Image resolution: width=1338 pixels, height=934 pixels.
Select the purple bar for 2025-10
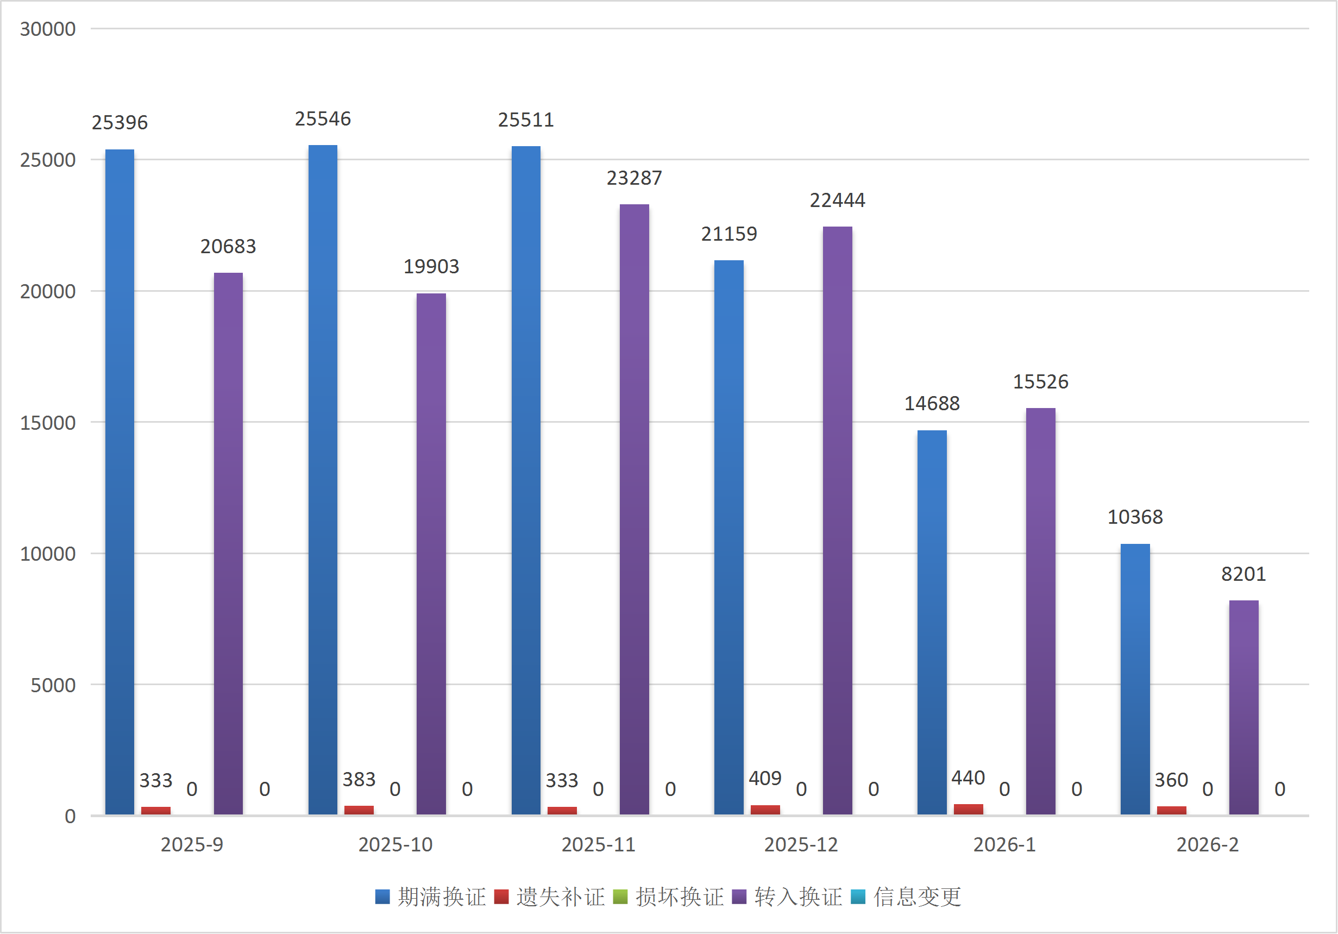pyautogui.click(x=431, y=554)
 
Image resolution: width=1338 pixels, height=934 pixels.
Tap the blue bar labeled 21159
pyautogui.click(x=728, y=537)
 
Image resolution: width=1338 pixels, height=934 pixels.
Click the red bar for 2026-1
pyautogui.click(x=968, y=809)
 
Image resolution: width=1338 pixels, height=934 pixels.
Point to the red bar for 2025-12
pyautogui.click(x=765, y=810)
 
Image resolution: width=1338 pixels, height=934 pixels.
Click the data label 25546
pyautogui.click(x=322, y=119)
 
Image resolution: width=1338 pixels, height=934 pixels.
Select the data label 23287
pyautogui.click(x=634, y=178)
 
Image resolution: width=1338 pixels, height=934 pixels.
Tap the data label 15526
pyautogui.click(x=1040, y=382)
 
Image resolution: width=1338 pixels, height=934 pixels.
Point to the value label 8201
pyautogui.click(x=1243, y=574)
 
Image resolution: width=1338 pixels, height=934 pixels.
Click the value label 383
pyautogui.click(x=359, y=780)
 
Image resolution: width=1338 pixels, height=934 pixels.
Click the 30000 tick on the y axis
pyautogui.click(x=48, y=29)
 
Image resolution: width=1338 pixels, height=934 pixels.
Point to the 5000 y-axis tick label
pyautogui.click(x=53, y=685)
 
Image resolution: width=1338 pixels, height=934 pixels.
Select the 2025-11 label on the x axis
pyautogui.click(x=598, y=845)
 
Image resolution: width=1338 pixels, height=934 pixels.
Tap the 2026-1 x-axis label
pyautogui.click(x=1004, y=845)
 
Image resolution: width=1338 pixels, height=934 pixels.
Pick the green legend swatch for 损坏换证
pyautogui.click(x=620, y=897)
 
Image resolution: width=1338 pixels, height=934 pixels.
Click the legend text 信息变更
pyautogui.click(x=917, y=897)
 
